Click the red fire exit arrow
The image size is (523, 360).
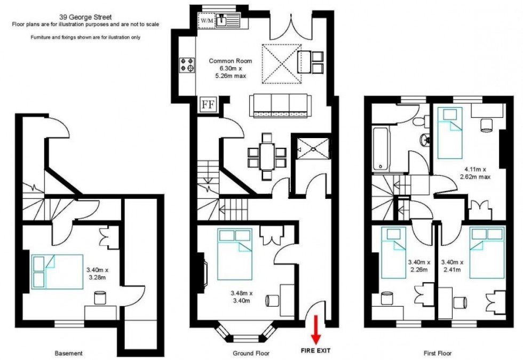point(315,330)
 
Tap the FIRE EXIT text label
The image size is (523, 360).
point(315,350)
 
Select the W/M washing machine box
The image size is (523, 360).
point(207,20)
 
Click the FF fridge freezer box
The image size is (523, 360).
point(208,105)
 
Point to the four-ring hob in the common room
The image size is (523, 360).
point(187,65)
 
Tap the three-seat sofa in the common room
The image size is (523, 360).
point(280,106)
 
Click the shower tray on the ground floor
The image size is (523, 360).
point(313,149)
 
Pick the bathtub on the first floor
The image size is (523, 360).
point(381,149)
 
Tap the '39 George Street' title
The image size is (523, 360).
point(85,17)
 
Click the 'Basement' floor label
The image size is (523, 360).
point(68,353)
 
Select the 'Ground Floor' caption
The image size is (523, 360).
point(251,353)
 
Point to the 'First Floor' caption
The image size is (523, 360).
point(438,353)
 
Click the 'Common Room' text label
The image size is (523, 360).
point(230,61)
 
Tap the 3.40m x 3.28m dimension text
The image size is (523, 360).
point(97,274)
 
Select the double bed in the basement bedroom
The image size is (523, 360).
point(58,271)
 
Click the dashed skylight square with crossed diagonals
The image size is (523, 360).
point(282,64)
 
